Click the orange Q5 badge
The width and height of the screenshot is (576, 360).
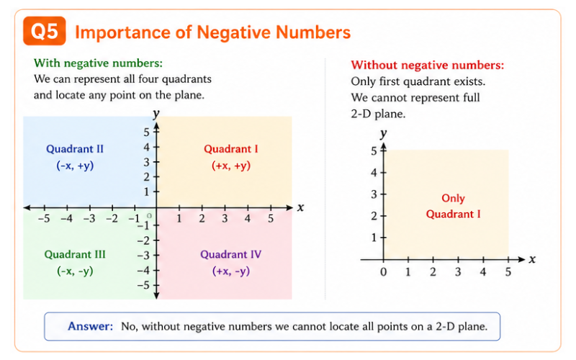[x=45, y=32]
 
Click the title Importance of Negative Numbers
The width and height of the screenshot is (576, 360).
[x=212, y=32]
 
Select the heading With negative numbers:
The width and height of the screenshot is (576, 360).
[x=98, y=63]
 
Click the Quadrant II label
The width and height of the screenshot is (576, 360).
[x=75, y=149]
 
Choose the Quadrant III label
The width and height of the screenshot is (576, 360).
[x=75, y=254]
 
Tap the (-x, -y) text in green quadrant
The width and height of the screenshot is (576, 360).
[x=75, y=271]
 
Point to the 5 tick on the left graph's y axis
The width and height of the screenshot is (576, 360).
[x=145, y=132]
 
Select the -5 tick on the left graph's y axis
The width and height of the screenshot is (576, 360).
[x=144, y=285]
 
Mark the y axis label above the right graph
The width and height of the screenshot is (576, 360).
[x=384, y=133]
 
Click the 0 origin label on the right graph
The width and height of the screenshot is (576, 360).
[x=383, y=271]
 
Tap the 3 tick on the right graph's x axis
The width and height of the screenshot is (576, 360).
[x=458, y=271]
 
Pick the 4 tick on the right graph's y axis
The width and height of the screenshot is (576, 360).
[x=374, y=172]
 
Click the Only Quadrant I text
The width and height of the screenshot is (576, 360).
[x=453, y=206]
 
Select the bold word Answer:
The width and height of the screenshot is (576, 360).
[x=90, y=326]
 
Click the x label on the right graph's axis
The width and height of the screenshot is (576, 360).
[x=532, y=259]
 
